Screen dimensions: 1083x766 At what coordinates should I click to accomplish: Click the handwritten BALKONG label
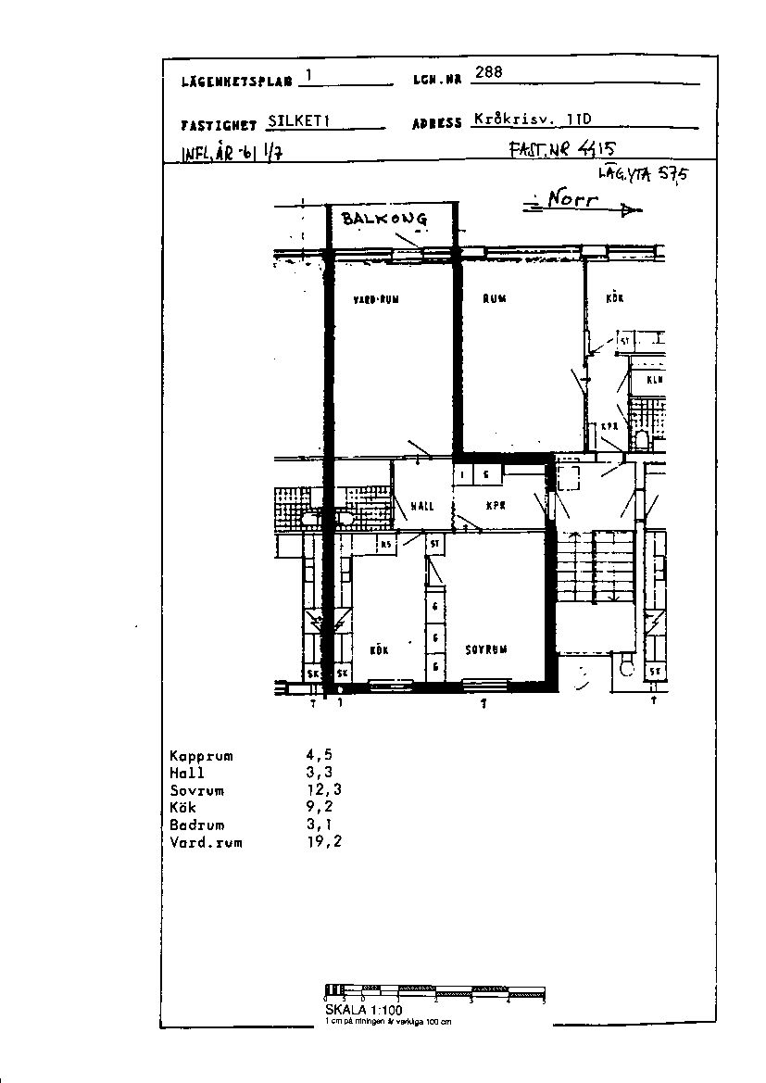coord(384,219)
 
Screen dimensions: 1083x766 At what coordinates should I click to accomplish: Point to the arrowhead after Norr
coord(631,211)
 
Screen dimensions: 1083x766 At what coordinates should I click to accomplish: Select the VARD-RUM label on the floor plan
coord(376,299)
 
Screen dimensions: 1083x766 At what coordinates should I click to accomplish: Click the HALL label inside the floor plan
coord(421,506)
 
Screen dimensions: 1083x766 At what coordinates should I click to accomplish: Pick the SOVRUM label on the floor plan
coord(486,649)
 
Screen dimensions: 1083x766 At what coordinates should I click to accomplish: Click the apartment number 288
coord(488,73)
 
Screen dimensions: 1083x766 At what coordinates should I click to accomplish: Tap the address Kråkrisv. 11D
coord(532,119)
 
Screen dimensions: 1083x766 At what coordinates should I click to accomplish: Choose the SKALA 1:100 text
coord(363,1009)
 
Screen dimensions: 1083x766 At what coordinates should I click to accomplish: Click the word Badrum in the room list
coord(196,825)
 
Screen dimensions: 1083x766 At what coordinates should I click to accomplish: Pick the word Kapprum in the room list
coord(201,756)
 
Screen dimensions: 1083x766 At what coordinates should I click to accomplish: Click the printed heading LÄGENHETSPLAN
coord(237,81)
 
